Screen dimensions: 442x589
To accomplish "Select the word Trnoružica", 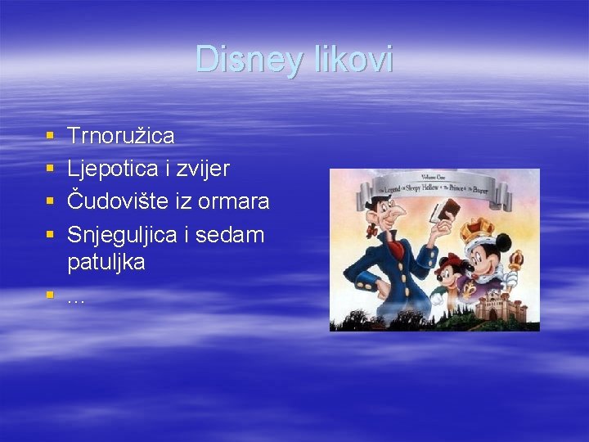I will tap(121, 135).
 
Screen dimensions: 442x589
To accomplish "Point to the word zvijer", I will tap(205, 169).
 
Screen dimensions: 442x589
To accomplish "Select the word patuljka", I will tap(106, 263).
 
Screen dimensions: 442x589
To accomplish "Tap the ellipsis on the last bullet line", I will tap(75, 300).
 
